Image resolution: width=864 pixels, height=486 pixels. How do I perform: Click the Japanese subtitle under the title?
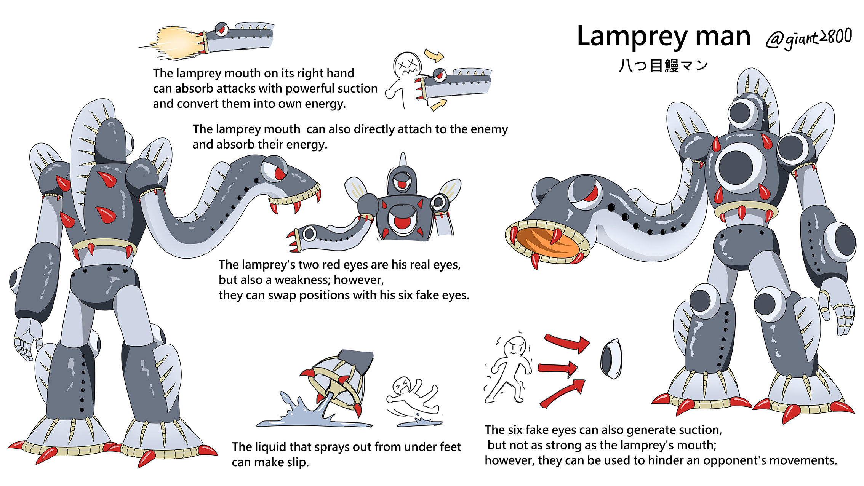point(663,66)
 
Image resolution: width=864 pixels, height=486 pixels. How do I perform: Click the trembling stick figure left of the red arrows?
point(509,369)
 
